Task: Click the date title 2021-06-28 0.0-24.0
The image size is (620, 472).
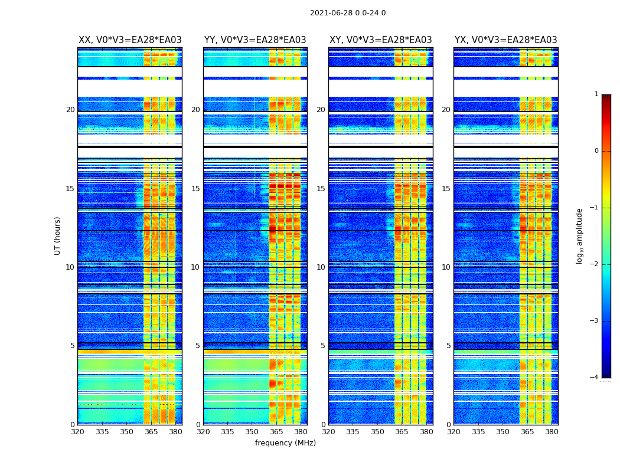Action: click(x=348, y=13)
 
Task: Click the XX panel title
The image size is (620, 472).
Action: click(x=130, y=40)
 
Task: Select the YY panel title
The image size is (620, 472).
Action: click(x=255, y=40)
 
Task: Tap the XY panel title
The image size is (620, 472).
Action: click(x=380, y=40)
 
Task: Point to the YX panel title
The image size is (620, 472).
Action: click(x=505, y=40)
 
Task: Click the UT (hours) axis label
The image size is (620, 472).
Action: click(x=57, y=235)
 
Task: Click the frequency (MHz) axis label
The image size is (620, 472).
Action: click(x=285, y=443)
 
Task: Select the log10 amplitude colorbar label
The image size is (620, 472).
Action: click(x=580, y=235)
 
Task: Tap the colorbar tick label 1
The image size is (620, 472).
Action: click(x=596, y=94)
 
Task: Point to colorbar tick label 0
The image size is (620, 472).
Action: click(x=596, y=151)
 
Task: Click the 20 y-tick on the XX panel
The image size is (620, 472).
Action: click(x=70, y=110)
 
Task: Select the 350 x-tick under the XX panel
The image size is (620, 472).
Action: click(x=126, y=431)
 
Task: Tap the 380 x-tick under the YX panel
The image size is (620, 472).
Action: click(x=552, y=431)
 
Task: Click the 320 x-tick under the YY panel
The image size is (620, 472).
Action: click(x=203, y=431)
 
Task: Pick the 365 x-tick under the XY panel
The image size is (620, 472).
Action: click(x=402, y=431)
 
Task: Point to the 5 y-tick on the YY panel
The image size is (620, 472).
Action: click(x=198, y=346)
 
